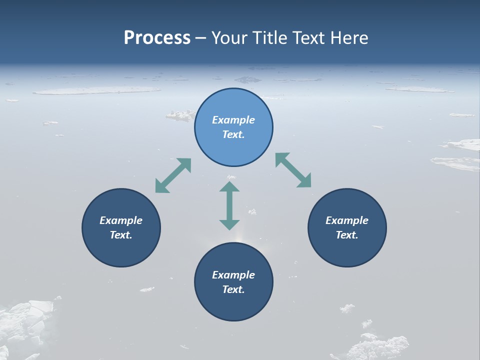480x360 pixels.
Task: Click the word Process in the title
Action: tap(157, 38)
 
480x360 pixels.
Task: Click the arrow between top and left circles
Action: tap(173, 175)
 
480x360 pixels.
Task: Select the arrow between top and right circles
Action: tap(293, 170)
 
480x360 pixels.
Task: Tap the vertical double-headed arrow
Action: tap(229, 205)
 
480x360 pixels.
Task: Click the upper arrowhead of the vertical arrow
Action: tap(229, 187)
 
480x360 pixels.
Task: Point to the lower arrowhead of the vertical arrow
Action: tap(229, 224)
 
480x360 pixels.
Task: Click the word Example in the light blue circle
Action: tap(233, 120)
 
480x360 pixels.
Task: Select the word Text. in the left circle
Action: tap(121, 235)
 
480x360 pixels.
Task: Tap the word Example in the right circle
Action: tap(347, 220)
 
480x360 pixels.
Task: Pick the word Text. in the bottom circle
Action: tap(233, 289)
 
